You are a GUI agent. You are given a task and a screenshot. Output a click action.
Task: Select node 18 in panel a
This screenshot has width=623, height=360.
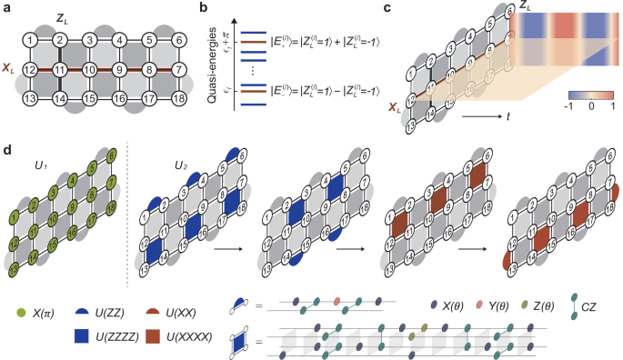[x=174, y=96]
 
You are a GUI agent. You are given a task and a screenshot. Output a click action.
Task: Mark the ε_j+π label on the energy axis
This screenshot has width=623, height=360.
[x=231, y=40]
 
